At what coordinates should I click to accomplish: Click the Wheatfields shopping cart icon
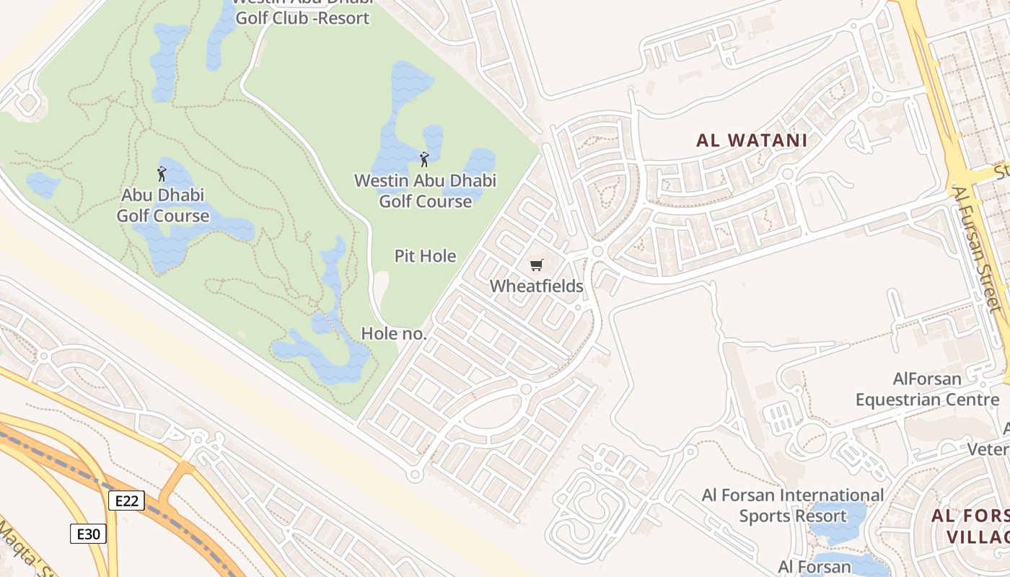point(536,265)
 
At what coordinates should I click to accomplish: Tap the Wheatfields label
point(536,286)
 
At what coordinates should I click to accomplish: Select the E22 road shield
point(127,501)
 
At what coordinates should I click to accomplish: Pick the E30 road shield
point(89,534)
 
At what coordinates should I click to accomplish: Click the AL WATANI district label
point(751,141)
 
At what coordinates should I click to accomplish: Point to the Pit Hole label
point(425,256)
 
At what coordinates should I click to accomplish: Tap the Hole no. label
point(394,333)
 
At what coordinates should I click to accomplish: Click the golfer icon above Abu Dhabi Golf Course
point(162,174)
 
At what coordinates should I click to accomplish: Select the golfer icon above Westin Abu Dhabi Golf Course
point(424,159)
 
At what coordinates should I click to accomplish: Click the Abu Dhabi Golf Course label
point(163,206)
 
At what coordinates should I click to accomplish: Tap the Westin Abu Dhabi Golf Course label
point(425,191)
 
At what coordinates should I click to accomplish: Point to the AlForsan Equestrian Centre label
point(927,389)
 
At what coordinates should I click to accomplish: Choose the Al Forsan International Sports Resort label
point(792,506)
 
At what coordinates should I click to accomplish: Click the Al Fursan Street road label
point(978,249)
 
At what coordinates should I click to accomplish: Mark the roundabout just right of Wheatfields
point(597,251)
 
